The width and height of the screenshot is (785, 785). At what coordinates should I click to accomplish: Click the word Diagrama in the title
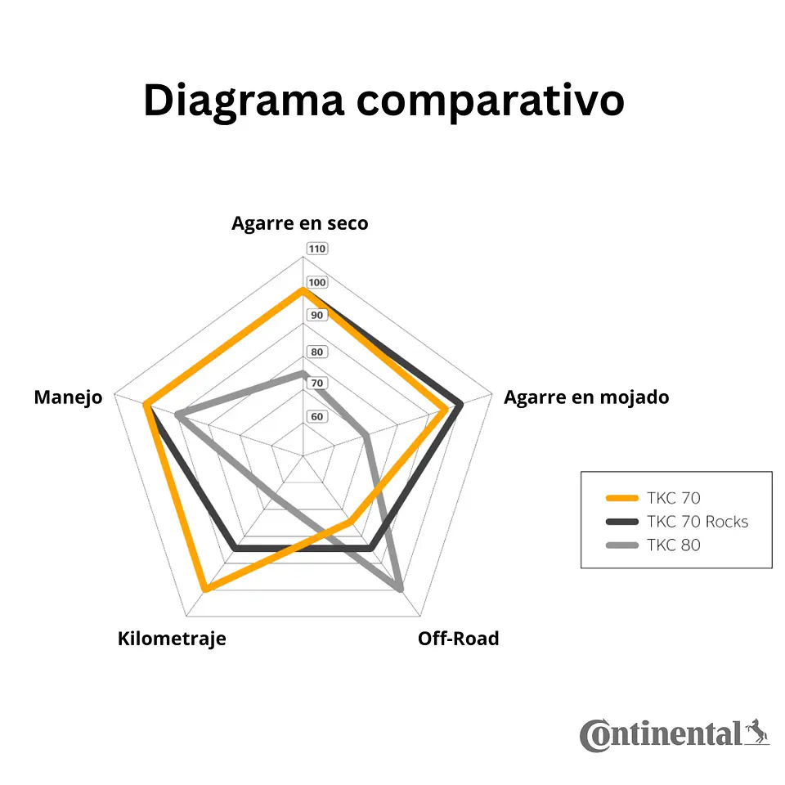244,101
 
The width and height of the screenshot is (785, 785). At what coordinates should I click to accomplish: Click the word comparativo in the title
490,101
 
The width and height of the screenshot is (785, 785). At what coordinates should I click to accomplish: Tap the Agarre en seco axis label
300,223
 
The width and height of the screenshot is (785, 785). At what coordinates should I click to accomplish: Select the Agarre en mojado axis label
586,397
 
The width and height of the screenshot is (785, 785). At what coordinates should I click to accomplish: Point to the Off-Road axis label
459,639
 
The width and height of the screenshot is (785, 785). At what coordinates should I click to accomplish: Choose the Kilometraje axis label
172,639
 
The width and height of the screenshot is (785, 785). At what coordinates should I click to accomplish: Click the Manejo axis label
68,397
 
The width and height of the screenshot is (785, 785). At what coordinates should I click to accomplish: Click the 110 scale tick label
317,249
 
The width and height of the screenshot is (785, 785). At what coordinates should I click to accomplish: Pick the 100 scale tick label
317,282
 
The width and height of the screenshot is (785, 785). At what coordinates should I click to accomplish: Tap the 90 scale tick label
317,316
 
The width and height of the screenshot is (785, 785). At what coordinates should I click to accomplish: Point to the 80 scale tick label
317,352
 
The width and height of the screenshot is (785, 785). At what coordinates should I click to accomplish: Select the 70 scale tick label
317,384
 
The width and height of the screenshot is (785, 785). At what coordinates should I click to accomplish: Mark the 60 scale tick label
317,416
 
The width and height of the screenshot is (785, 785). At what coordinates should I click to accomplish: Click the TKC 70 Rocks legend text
698,522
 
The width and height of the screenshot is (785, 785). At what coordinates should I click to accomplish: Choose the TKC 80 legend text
673,545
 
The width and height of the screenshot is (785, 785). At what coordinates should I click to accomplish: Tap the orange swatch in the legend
622,498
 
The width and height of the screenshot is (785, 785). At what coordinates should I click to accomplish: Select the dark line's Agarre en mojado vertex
460,403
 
